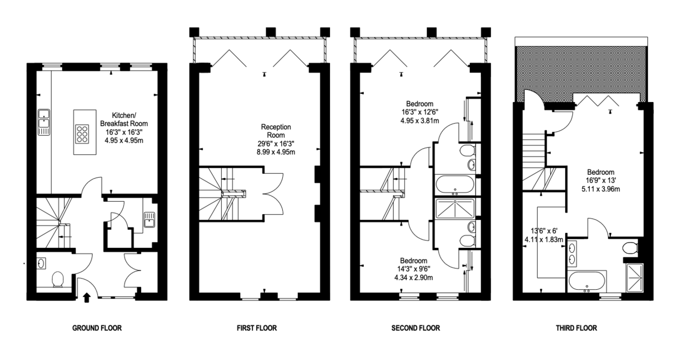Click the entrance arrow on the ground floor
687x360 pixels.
87,297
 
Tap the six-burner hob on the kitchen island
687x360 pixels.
82,134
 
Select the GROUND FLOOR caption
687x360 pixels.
97,328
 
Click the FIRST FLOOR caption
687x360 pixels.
257,328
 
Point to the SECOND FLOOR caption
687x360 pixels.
415,328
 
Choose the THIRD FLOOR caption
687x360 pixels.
576,328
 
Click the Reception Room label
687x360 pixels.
276,131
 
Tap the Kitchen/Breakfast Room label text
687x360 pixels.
124,120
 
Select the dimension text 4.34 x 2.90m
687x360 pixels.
413,278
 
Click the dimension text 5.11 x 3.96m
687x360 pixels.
601,189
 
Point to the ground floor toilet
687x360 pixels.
57,280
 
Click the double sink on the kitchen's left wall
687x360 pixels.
44,122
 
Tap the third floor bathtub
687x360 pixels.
587,282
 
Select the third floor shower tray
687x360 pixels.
634,278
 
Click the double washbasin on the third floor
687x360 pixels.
572,253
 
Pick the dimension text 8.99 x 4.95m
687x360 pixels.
276,152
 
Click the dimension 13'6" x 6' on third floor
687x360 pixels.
544,231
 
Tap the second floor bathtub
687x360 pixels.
455,185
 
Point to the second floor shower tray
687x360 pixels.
455,209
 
